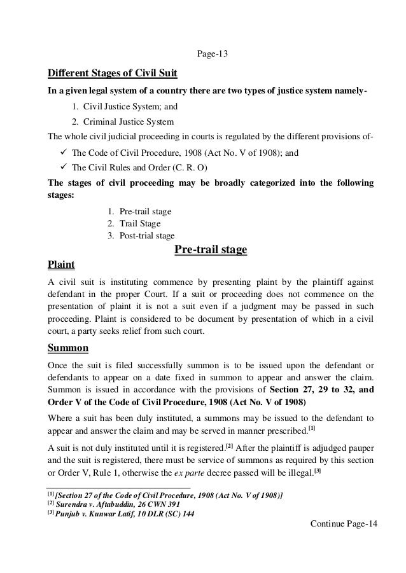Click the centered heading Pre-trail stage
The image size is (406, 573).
tap(211, 249)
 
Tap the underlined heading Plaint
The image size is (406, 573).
tap(61, 264)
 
